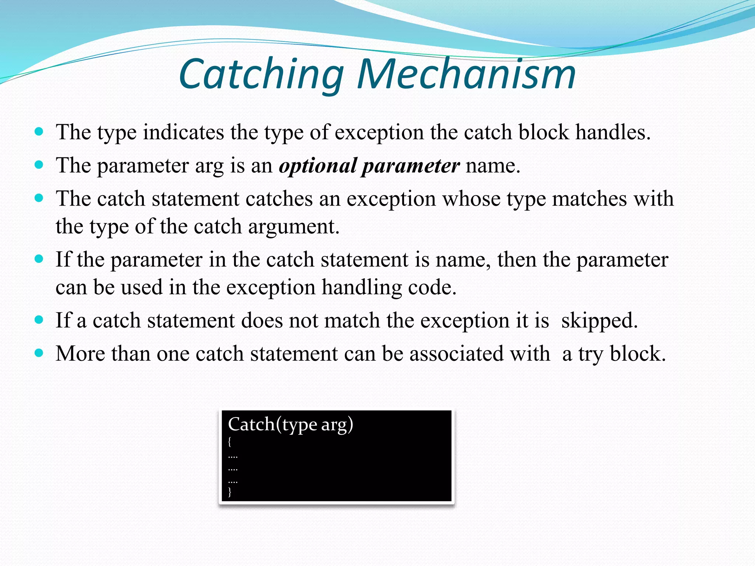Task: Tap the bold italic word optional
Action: click(x=318, y=165)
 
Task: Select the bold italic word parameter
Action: click(x=411, y=165)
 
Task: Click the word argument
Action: click(x=293, y=226)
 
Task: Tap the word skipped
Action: click(x=599, y=320)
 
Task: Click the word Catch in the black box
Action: click(x=251, y=424)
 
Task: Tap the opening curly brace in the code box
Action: click(x=230, y=441)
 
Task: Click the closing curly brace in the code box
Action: click(x=230, y=492)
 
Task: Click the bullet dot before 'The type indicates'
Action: click(x=39, y=132)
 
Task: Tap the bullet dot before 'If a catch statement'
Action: click(x=39, y=319)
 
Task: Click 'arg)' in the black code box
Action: click(x=337, y=424)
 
